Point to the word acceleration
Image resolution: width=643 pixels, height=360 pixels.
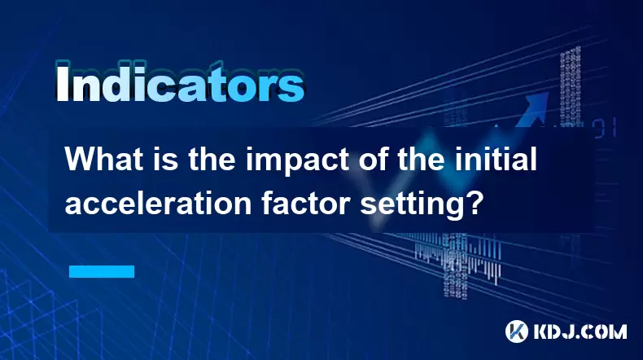(158, 203)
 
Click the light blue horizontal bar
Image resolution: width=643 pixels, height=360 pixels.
(102, 271)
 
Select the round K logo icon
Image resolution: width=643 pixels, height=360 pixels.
(517, 331)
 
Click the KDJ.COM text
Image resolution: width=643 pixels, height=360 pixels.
(580, 331)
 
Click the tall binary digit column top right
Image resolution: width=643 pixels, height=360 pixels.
(571, 87)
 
